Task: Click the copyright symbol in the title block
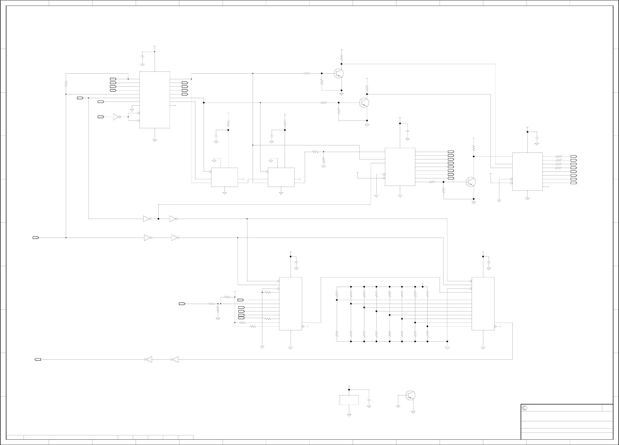tap(524, 408)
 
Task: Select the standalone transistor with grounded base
tap(410, 395)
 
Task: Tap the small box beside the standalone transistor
tap(349, 400)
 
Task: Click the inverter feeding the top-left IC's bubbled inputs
tap(116, 117)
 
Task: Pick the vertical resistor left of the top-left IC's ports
tap(66, 84)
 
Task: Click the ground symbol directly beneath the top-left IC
tap(154, 140)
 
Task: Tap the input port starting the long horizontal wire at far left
tap(36, 238)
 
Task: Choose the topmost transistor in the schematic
tap(339, 73)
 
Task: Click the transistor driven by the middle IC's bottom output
tap(471, 182)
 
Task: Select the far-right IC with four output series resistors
tap(527, 171)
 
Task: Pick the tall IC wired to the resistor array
tap(483, 304)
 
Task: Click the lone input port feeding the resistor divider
tap(182, 304)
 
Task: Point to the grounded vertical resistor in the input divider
tap(218, 309)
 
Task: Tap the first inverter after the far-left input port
tap(147, 238)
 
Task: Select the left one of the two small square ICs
tap(224, 177)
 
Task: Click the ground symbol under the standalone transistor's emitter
tap(413, 412)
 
